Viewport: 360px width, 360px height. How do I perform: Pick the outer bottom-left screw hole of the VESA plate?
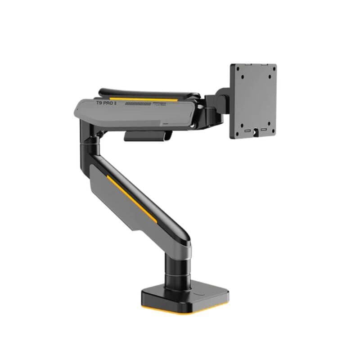coord(240,127)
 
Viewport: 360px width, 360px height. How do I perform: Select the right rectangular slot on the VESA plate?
coord(264,131)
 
